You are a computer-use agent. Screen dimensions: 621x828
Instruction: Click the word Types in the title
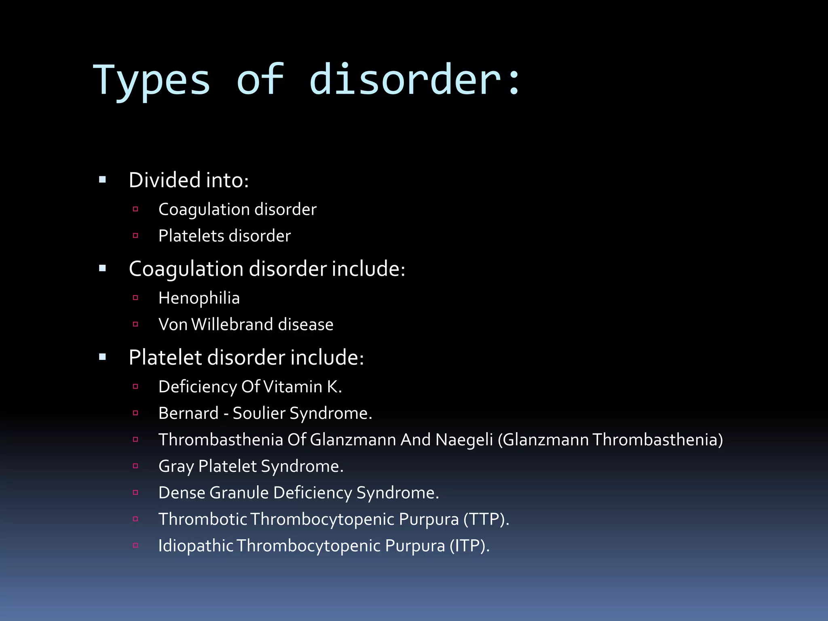(x=152, y=81)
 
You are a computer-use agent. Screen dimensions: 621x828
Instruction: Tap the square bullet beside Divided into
(x=102, y=180)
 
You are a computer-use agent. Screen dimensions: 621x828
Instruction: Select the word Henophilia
(x=199, y=298)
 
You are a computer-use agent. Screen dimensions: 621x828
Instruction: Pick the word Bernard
(x=188, y=413)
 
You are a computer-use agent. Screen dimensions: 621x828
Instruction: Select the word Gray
(x=176, y=467)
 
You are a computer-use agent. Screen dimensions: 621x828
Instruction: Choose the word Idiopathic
(x=196, y=546)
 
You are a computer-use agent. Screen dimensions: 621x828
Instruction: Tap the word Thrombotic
(x=203, y=520)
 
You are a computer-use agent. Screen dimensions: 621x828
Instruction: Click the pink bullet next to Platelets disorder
(x=135, y=236)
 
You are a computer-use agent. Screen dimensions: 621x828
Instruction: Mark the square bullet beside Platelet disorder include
(x=102, y=357)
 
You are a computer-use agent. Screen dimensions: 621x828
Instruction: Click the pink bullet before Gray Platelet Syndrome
(x=135, y=466)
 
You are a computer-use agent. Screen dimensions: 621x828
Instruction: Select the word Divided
(x=165, y=180)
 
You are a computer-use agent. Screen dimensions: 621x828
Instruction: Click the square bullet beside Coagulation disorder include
(x=102, y=268)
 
